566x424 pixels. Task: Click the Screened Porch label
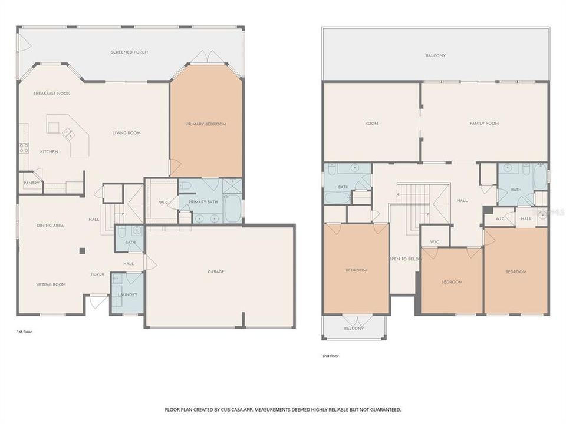[x=129, y=52]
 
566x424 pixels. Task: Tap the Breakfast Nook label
[x=52, y=94]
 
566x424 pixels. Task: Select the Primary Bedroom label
[x=206, y=124]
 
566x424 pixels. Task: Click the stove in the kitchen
[x=24, y=148]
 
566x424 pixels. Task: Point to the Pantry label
[x=31, y=183]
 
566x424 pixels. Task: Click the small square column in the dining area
[x=83, y=251]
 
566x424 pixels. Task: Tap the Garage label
[x=216, y=272]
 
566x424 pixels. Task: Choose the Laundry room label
[x=127, y=294]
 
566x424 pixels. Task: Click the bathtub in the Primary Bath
[x=232, y=208]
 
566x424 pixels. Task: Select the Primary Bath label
[x=203, y=202]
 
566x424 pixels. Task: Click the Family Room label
[x=484, y=124]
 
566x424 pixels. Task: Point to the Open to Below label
[x=404, y=259]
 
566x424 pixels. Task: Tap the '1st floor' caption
[x=24, y=332]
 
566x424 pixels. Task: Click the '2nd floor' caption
[x=330, y=356]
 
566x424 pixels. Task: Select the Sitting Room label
[x=51, y=284]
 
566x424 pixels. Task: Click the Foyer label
[x=97, y=274]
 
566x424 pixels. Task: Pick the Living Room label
[x=126, y=133]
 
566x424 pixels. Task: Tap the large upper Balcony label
[x=436, y=55]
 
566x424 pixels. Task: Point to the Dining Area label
[x=50, y=226]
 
